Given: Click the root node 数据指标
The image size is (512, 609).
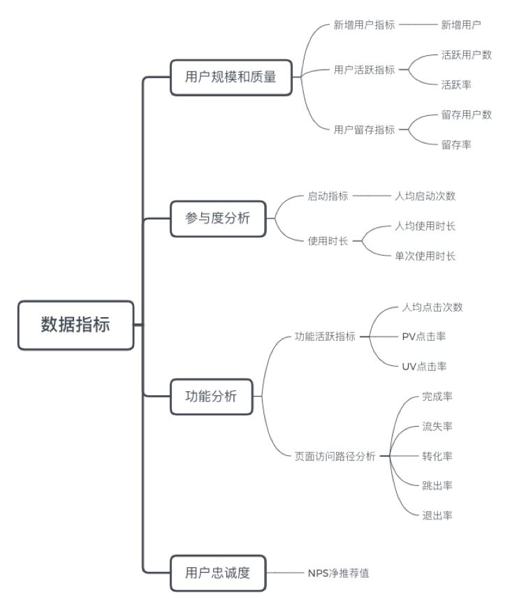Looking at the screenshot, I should click(75, 325).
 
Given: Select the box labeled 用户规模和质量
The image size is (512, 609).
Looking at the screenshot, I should click(231, 77).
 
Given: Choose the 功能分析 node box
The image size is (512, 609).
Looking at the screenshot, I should click(211, 396).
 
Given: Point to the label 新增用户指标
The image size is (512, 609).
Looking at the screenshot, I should click(365, 24).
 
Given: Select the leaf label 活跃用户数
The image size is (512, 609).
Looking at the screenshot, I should click(467, 54).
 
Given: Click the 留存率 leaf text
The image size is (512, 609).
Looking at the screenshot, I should click(456, 145).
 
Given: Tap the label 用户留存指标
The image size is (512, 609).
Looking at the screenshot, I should click(365, 129).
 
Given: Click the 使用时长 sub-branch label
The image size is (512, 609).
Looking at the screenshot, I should click(328, 241).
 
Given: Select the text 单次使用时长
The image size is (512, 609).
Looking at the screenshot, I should click(425, 256).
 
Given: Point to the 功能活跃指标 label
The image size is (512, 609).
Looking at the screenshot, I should click(325, 337).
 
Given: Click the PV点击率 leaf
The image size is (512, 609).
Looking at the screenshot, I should click(424, 337).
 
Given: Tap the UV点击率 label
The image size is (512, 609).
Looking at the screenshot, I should click(424, 367).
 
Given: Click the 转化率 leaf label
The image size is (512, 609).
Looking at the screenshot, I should click(437, 456).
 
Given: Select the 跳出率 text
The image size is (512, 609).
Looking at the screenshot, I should click(437, 485).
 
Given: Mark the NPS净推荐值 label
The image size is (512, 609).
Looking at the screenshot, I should click(338, 573).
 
